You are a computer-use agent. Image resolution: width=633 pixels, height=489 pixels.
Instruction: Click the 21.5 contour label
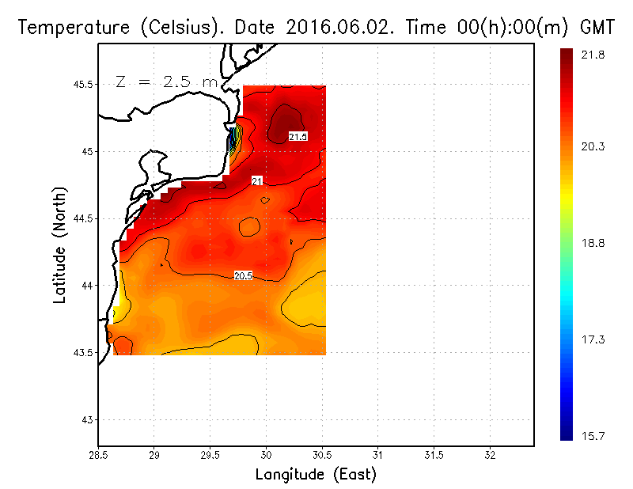pyautogui.click(x=298, y=137)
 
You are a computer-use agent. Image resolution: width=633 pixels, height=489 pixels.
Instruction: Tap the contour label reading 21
pyautogui.click(x=256, y=181)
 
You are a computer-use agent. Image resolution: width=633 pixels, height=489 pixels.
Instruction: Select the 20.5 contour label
pyautogui.click(x=243, y=275)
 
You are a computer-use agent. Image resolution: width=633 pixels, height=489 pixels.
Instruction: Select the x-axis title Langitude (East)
pyautogui.click(x=316, y=475)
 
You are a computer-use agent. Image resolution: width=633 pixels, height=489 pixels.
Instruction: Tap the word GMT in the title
pyautogui.click(x=599, y=27)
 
